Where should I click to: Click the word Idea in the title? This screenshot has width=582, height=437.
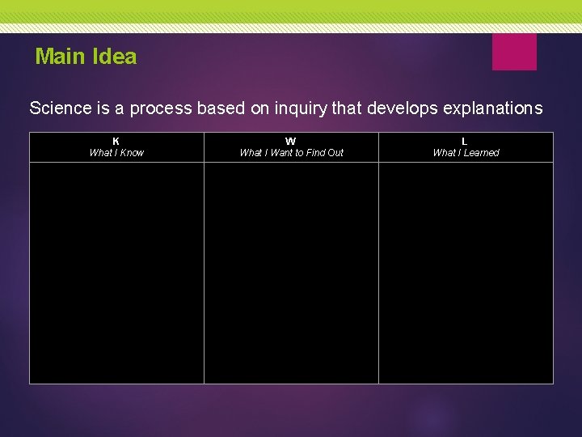pos(115,57)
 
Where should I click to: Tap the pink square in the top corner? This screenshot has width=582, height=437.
pos(514,52)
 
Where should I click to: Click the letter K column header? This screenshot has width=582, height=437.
pos(116,141)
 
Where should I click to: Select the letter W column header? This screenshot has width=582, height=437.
pos(291,141)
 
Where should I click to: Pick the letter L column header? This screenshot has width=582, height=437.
pos(465,141)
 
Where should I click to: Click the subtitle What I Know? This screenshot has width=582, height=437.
pos(116,152)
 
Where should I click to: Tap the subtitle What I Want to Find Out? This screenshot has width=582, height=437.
pos(291,152)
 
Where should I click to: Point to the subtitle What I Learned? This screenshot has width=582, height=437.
pos(466,152)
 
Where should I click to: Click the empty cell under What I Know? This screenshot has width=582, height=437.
pos(116,273)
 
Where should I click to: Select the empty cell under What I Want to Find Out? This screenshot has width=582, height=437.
pos(291,273)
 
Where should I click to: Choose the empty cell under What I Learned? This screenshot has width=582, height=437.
pos(466,273)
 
